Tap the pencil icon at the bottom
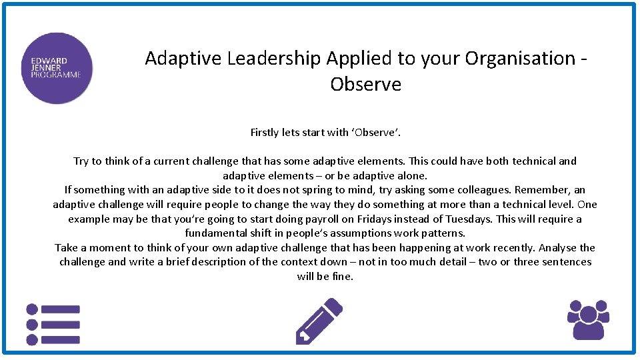point(319,321)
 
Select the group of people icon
point(588,319)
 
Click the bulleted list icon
point(53,325)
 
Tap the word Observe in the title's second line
point(365,85)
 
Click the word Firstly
point(265,132)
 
